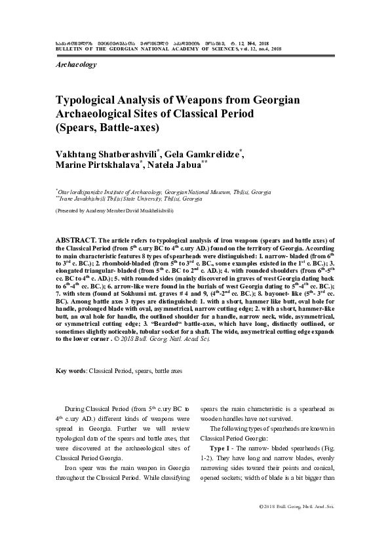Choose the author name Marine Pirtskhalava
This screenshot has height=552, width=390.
click(99, 167)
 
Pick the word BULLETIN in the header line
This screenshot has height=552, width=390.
click(68, 49)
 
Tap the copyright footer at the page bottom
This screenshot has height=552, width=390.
click(297, 507)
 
